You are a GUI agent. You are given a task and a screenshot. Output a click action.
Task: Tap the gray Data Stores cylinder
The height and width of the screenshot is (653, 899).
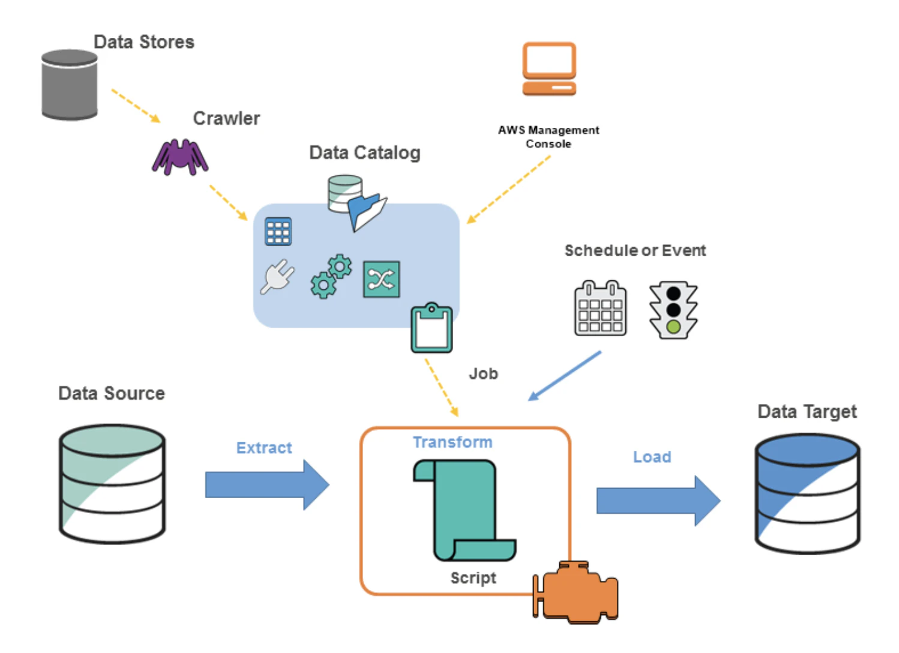(x=70, y=85)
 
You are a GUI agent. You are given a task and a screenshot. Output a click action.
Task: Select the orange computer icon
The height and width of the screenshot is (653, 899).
(x=549, y=69)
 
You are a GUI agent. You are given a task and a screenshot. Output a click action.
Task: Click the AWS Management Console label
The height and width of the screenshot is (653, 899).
(x=549, y=137)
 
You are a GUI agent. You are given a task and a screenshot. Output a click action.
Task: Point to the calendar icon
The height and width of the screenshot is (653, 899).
(x=600, y=308)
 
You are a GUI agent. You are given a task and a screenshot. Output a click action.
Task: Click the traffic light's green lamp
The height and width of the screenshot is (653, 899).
(x=673, y=326)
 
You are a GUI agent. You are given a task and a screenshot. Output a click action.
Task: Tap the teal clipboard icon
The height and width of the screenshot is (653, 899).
(x=431, y=328)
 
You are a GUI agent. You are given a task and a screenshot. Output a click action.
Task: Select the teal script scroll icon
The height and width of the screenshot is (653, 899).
(x=465, y=510)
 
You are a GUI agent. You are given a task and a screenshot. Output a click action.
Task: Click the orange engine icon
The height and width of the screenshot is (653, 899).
(x=576, y=592)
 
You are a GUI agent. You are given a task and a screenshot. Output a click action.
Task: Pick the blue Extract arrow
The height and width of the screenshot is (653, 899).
(x=267, y=485)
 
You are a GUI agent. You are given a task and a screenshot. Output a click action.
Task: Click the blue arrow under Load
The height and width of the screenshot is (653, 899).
(x=658, y=501)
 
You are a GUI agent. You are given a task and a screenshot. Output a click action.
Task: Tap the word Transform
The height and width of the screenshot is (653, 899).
(x=453, y=442)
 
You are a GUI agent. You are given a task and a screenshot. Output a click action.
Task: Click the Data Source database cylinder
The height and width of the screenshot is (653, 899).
(x=112, y=484)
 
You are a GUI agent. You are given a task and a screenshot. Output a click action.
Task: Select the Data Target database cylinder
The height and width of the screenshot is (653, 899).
(x=808, y=494)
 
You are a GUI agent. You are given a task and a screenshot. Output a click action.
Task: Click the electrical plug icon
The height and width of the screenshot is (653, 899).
(x=277, y=277)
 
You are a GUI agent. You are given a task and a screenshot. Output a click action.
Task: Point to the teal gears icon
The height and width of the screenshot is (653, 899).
(x=331, y=276)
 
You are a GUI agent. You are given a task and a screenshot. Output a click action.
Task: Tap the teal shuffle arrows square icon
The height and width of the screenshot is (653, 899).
(x=381, y=279)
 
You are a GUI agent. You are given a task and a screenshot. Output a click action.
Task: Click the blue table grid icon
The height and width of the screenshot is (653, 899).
(x=278, y=231)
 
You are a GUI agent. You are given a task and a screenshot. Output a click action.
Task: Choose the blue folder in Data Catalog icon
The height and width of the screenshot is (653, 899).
(x=367, y=212)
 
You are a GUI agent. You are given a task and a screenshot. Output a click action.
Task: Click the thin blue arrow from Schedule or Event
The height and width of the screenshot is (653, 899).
(x=564, y=376)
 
